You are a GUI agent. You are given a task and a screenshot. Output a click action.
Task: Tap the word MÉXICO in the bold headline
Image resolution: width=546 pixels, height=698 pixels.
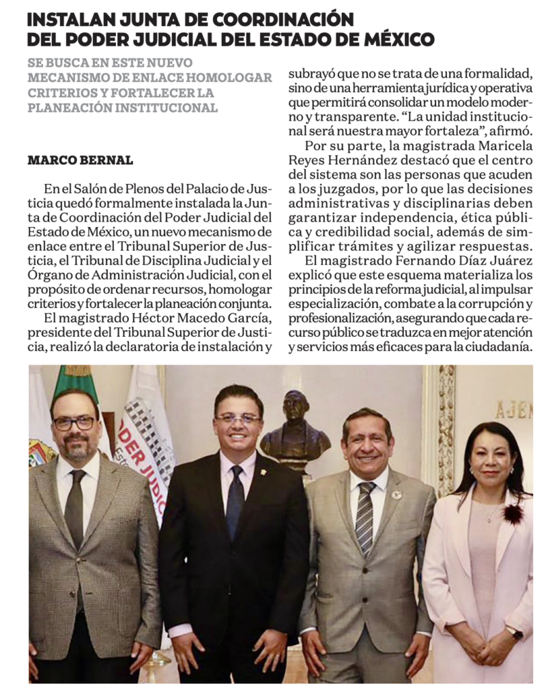(399, 40)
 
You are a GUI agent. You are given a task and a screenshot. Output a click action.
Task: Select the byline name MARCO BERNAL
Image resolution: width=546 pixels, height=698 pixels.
(80, 161)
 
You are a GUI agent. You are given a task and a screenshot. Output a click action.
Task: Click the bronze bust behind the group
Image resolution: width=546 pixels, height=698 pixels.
(295, 427)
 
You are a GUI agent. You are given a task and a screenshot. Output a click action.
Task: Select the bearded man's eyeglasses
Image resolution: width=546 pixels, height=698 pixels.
(74, 423)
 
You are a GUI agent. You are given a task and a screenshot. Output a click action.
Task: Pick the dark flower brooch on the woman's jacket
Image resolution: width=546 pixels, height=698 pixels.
(513, 512)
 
